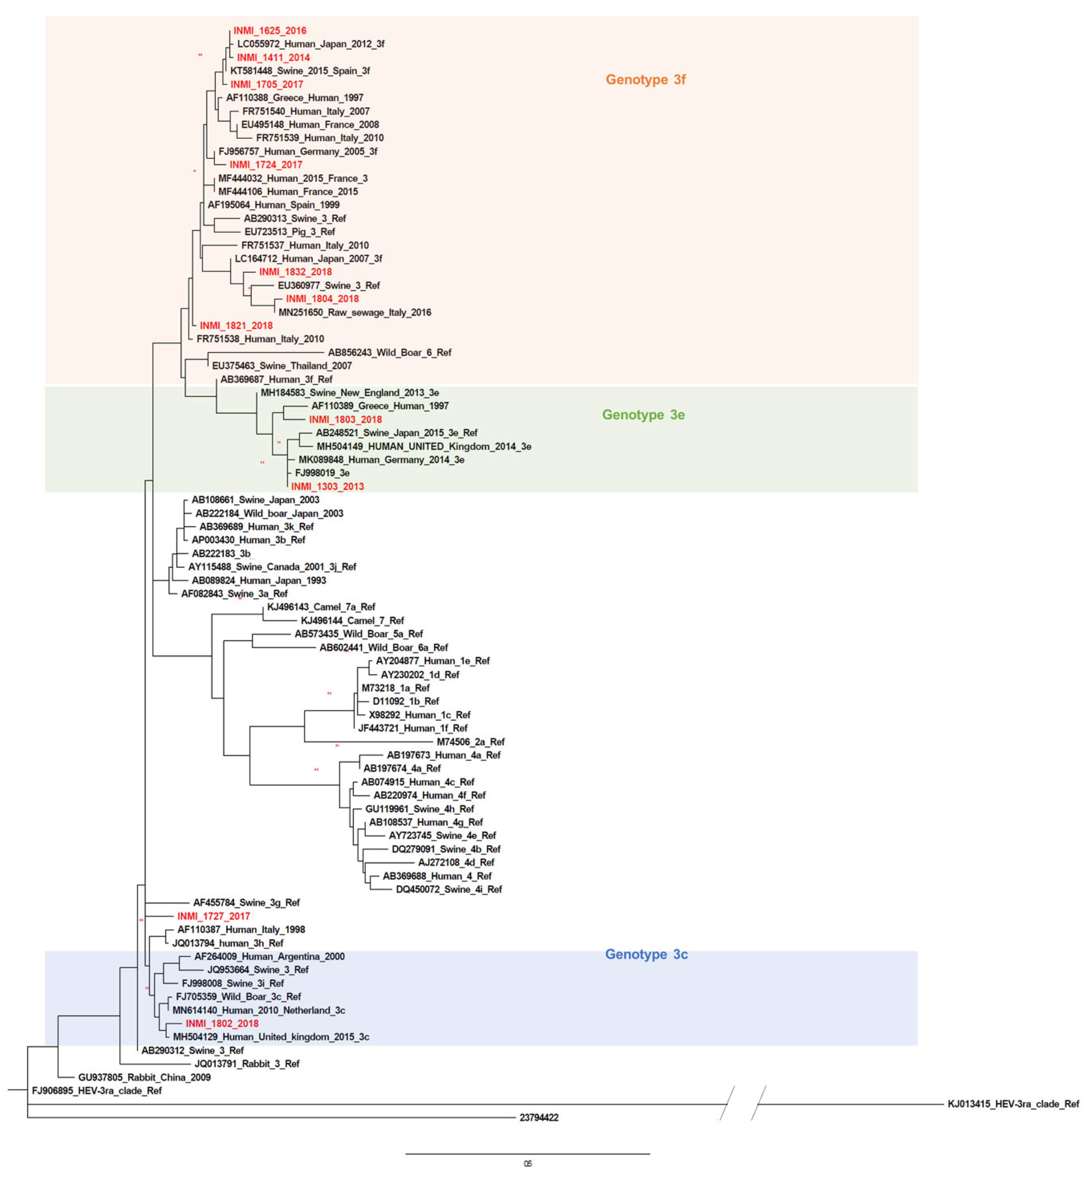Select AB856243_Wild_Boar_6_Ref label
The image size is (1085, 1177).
point(389,352)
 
